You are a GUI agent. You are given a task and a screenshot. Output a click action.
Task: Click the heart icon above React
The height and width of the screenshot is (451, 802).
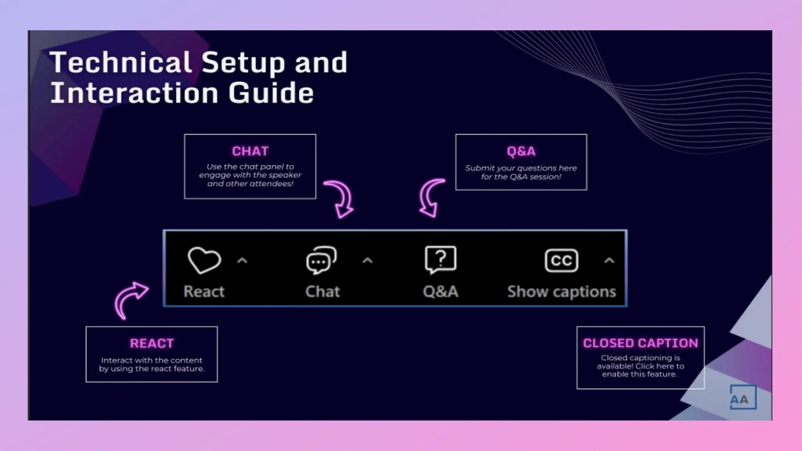tap(204, 260)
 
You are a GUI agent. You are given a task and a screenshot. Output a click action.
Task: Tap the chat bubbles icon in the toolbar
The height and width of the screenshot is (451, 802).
tap(321, 260)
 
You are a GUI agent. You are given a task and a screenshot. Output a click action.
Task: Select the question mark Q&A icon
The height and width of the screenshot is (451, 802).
tap(441, 259)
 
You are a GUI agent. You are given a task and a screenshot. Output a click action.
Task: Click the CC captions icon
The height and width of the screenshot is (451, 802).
tap(561, 260)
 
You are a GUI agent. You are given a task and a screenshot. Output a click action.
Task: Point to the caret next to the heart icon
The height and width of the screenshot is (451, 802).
tap(242, 261)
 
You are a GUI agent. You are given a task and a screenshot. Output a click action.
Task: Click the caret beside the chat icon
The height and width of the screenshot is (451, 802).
tap(367, 261)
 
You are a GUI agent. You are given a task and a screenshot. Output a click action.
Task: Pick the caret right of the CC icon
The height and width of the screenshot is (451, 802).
tap(609, 261)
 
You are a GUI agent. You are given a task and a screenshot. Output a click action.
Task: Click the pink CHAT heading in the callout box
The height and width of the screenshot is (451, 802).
tap(250, 151)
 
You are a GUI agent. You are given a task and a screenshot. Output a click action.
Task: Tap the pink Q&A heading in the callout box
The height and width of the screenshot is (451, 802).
tap(521, 151)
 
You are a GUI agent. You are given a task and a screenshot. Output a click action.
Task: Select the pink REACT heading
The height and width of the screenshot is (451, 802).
tap(152, 343)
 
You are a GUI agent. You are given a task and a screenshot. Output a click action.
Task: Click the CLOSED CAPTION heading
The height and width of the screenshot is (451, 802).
tap(640, 343)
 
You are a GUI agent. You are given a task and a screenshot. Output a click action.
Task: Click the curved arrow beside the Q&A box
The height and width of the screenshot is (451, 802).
tap(432, 198)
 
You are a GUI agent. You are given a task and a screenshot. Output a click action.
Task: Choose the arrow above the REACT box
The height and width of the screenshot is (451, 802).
tap(130, 299)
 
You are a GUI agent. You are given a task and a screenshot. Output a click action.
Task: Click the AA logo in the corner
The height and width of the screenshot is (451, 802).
tap(742, 398)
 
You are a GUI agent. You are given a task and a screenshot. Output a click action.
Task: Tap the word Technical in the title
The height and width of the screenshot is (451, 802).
tap(121, 62)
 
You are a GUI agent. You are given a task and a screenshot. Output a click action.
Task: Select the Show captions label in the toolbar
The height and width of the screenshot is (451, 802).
tap(562, 292)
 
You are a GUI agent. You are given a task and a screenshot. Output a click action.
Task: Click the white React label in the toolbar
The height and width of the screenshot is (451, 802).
tap(204, 292)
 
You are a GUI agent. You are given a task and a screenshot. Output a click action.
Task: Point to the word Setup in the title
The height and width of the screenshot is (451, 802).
tap(243, 63)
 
